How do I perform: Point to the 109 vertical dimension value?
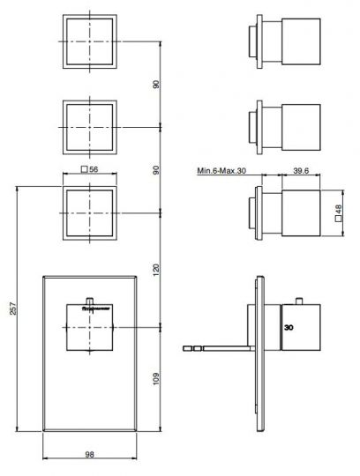[157, 378]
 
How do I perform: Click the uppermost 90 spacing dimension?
[157, 86]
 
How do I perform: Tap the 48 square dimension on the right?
[338, 212]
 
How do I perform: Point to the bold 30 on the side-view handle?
[289, 327]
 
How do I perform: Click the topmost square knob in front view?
[89, 42]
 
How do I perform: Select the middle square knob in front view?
[89, 127]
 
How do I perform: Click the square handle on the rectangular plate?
[88, 327]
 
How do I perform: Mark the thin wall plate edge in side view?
[259, 353]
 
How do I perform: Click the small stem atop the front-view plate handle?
[88, 297]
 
